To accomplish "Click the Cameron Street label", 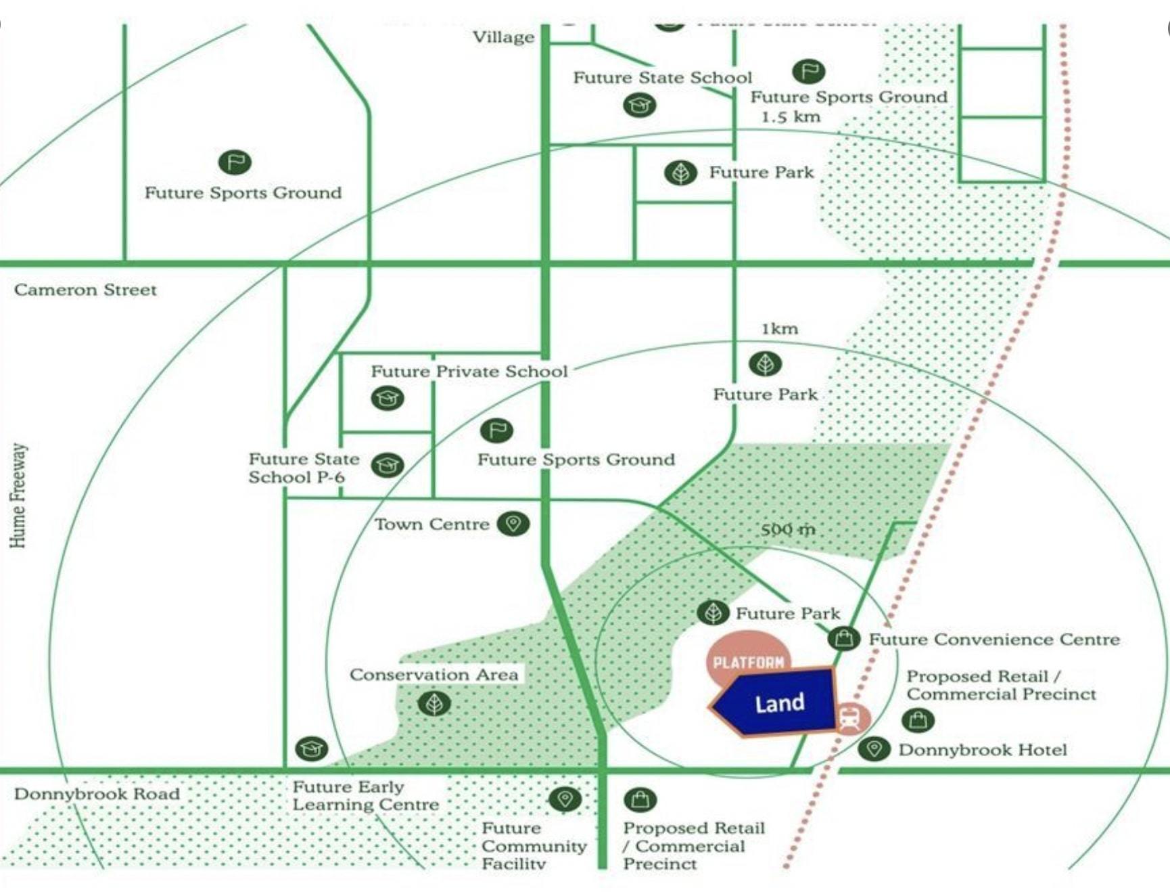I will click(85, 290).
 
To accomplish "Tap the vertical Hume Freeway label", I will click(18, 495).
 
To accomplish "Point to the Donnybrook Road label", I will click(97, 794).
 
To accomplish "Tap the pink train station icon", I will click(850, 718).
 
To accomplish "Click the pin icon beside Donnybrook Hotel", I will click(874, 749).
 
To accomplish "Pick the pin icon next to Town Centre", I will click(513, 523).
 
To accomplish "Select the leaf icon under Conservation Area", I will click(434, 704).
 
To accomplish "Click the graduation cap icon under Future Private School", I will click(388, 398).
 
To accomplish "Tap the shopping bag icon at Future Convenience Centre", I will click(844, 638).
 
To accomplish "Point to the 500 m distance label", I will click(788, 529).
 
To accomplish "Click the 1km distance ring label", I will click(780, 329).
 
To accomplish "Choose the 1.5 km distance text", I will click(791, 116).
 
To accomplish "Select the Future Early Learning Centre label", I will click(365, 796).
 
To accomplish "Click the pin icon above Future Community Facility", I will click(565, 799).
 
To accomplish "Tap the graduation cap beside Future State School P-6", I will click(388, 465).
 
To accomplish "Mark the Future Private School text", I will click(469, 372).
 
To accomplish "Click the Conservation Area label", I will click(434, 675).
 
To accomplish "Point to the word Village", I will click(503, 37).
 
